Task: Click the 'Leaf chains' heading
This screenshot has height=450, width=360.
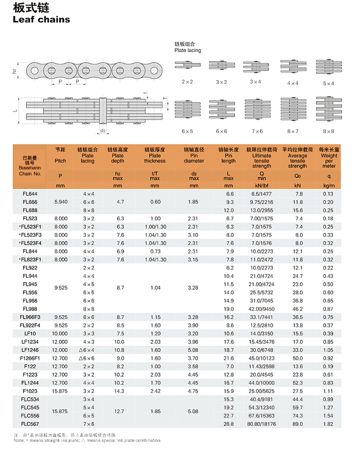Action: coord(42,19)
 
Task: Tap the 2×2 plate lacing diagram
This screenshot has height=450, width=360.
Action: coord(187,66)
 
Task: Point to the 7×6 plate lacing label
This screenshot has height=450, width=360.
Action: coord(257,131)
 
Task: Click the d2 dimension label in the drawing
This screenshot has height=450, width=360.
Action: coord(103,131)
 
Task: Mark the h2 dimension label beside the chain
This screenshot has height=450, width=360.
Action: coord(15,71)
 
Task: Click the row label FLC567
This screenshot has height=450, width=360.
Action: coord(30,424)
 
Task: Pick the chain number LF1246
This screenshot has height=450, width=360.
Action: coord(30,350)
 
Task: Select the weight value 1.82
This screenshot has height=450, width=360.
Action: coord(328,424)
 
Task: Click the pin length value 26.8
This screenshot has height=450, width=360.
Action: coord(229,424)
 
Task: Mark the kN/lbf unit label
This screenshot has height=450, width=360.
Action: coord(258,185)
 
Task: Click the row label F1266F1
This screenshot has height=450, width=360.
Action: coord(30,358)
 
